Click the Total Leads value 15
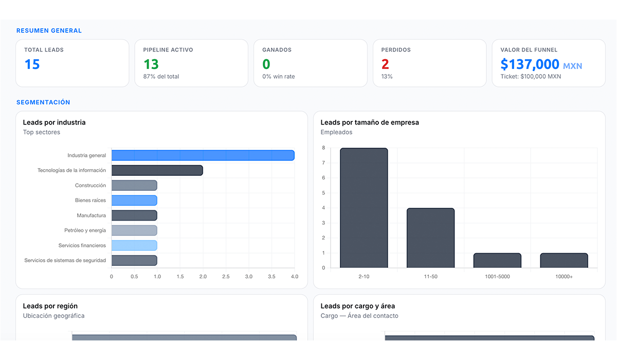coord(32,64)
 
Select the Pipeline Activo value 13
coord(151,64)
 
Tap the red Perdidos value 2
coord(385,64)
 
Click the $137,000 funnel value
coord(530,64)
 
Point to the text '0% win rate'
coord(279,77)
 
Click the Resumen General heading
coord(49,30)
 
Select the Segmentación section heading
coord(43,102)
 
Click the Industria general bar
coord(203,155)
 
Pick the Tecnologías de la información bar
coord(157,170)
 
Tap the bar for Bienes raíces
coord(134,200)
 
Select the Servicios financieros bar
coord(134,245)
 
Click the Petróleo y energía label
coord(85,230)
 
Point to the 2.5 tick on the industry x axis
coord(226,277)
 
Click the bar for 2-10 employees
coord(364,208)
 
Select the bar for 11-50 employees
coord(430,238)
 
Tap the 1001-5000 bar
coord(498,260)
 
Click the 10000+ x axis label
coord(564,277)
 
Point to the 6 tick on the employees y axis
coord(323,177)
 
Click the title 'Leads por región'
coord(50,306)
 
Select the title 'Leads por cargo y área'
coord(357,306)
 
